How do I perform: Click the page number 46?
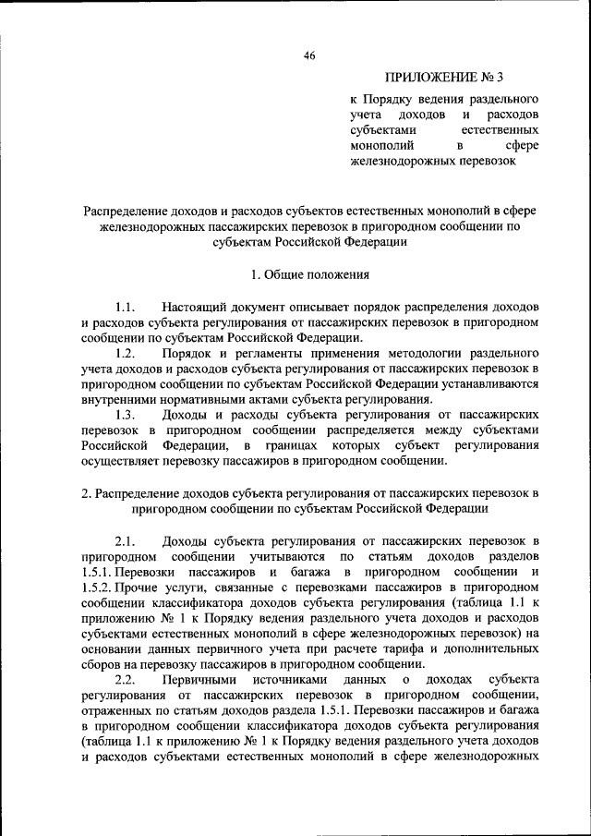point(309,55)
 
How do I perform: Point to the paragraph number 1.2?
point(126,354)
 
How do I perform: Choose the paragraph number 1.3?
point(126,416)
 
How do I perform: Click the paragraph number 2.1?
point(126,540)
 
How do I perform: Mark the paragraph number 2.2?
point(126,680)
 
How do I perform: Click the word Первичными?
point(200,680)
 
